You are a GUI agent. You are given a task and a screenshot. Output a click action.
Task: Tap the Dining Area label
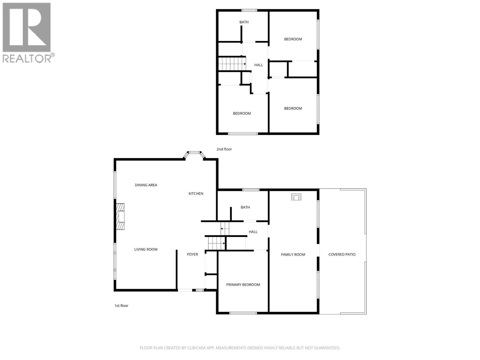coord(146,185)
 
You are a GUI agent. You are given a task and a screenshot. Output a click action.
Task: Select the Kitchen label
coord(196,193)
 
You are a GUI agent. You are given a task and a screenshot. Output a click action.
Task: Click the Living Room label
coord(146,249)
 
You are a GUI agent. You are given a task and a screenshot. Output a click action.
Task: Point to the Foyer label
coord(193,254)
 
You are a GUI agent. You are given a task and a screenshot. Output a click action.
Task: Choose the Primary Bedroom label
coord(243,285)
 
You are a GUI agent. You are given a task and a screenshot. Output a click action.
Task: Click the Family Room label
coord(293,254)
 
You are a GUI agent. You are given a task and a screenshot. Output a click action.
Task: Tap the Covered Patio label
coord(342,254)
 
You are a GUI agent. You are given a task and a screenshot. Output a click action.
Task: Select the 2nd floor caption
coord(224,149)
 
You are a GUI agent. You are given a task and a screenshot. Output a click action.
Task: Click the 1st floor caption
coord(121,306)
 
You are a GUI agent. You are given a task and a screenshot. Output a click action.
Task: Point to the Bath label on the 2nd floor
coord(244,22)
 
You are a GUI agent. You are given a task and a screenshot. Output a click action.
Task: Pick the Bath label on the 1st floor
coord(245,207)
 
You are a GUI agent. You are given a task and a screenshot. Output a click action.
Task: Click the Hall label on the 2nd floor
coord(259,65)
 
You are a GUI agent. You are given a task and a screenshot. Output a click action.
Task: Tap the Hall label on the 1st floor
coord(253,232)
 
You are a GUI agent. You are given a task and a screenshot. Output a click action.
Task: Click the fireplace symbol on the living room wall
coord(121,216)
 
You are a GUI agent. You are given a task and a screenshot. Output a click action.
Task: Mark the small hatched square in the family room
coord(296,197)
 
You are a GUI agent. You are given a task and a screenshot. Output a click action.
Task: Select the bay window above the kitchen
coord(194,154)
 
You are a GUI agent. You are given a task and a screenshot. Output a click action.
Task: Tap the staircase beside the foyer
coord(215,242)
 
